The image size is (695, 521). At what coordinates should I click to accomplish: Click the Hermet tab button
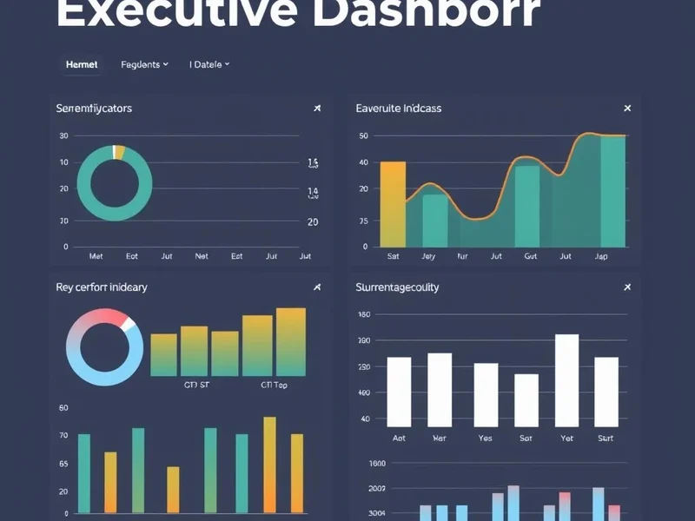click(82, 64)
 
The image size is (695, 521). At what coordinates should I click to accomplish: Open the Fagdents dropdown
click(144, 64)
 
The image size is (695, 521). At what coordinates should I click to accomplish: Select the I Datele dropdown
click(208, 64)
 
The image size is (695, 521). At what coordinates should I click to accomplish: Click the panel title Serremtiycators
click(94, 109)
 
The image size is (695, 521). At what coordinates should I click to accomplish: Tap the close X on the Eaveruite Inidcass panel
click(627, 109)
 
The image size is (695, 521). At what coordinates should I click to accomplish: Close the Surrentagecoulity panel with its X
click(627, 287)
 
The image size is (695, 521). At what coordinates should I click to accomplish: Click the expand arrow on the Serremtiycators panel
click(317, 109)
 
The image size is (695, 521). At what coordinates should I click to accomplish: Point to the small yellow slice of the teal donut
click(120, 152)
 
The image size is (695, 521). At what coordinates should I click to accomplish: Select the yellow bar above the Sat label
click(393, 204)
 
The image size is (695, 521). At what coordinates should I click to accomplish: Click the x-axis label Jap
click(601, 257)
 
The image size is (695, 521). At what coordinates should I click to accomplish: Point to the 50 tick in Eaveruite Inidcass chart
click(363, 136)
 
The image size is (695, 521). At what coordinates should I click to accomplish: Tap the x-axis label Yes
click(486, 439)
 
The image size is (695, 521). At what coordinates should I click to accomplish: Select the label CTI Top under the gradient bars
click(274, 385)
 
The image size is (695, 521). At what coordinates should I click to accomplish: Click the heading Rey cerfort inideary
click(101, 287)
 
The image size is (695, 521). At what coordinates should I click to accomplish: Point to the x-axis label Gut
click(531, 257)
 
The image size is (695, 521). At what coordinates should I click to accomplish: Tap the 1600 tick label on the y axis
click(376, 464)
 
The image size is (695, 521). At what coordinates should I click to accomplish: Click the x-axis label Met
click(96, 257)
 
